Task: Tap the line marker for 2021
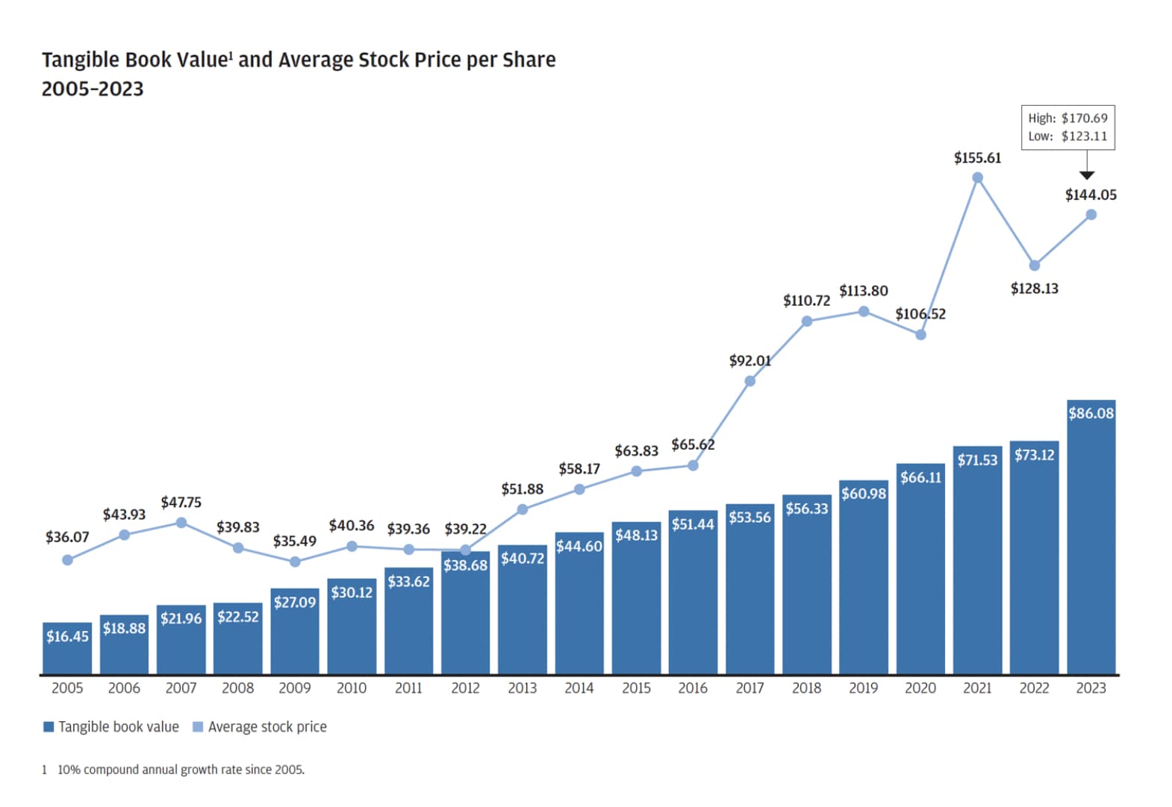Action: tap(977, 178)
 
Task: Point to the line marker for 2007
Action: tap(181, 523)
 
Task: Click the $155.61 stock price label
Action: tap(977, 158)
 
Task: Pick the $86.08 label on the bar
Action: tap(1091, 413)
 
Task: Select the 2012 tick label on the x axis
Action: tap(465, 688)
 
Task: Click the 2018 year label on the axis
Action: tap(806, 688)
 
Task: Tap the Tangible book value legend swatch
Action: tap(49, 726)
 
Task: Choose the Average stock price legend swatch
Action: tap(198, 726)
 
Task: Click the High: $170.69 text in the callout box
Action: tap(1067, 118)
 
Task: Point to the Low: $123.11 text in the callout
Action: tap(1067, 136)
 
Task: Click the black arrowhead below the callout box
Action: tap(1087, 175)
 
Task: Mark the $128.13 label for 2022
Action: tap(1034, 289)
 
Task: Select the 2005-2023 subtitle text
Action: tap(93, 89)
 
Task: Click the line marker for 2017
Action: tap(749, 381)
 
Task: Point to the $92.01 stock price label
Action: tap(749, 361)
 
